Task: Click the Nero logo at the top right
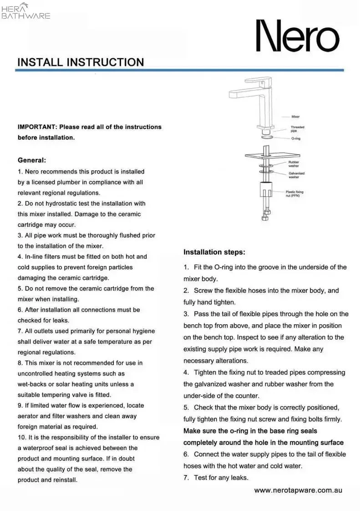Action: (298, 36)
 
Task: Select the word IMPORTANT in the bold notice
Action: (37, 127)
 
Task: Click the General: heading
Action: (32, 160)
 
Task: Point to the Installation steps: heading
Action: (214, 252)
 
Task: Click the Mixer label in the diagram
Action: (296, 117)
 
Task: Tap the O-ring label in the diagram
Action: (296, 138)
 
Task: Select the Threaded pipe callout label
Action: (297, 129)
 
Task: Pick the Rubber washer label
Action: (294, 164)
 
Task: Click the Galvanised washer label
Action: (296, 175)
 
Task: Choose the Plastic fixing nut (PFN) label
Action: (294, 194)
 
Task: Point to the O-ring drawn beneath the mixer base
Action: (268, 136)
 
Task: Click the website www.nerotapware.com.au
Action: (298, 491)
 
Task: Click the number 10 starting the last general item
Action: (21, 438)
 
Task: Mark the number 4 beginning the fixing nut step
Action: (186, 373)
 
